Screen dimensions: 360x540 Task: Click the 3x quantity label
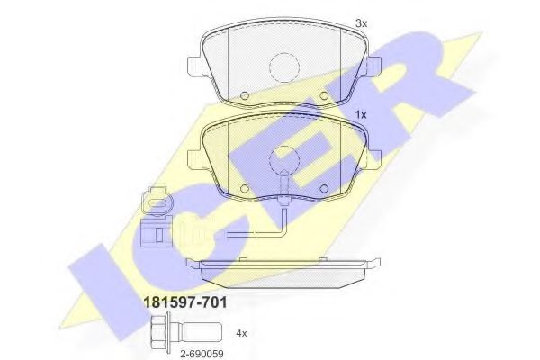pyautogui.click(x=362, y=22)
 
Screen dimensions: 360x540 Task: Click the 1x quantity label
pyautogui.click(x=361, y=115)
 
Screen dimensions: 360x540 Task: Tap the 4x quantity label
pyautogui.click(x=241, y=333)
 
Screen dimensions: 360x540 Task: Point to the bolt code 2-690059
pyautogui.click(x=198, y=353)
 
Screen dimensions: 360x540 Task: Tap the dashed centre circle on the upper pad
pyautogui.click(x=284, y=66)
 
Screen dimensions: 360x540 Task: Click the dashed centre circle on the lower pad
pyautogui.click(x=284, y=159)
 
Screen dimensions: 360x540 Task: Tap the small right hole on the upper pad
pyautogui.click(x=324, y=95)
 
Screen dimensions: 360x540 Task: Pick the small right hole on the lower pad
pyautogui.click(x=324, y=188)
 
